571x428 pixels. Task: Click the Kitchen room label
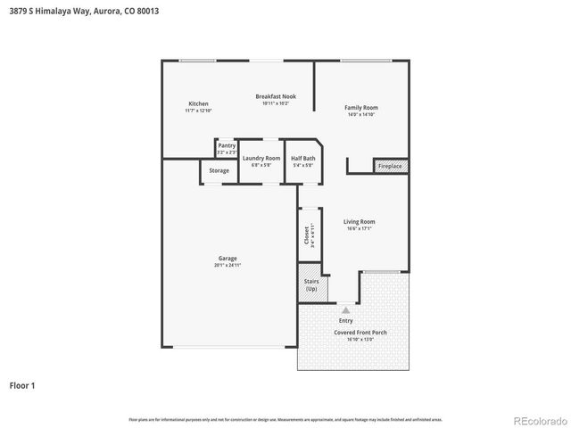pyautogui.click(x=198, y=103)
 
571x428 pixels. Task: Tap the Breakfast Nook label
pyautogui.click(x=276, y=96)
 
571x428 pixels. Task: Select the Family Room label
pyautogui.click(x=361, y=108)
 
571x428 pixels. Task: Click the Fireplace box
pyautogui.click(x=390, y=166)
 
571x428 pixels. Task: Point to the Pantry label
pyautogui.click(x=227, y=145)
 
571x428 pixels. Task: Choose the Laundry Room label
pyautogui.click(x=261, y=158)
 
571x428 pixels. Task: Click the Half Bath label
pyautogui.click(x=303, y=158)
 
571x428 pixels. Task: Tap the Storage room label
pyautogui.click(x=219, y=170)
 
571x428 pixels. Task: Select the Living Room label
pyautogui.click(x=360, y=222)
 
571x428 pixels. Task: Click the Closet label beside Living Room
pyautogui.click(x=306, y=235)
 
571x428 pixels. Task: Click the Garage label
pyautogui.click(x=228, y=259)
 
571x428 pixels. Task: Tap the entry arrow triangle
pyautogui.click(x=345, y=309)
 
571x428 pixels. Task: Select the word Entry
pyautogui.click(x=345, y=320)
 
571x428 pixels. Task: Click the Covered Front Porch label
pyautogui.click(x=360, y=332)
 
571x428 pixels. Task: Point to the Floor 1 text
pyautogui.click(x=22, y=386)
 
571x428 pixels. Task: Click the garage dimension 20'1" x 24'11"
pyautogui.click(x=228, y=265)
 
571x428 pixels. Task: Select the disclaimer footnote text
pyautogui.click(x=285, y=418)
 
